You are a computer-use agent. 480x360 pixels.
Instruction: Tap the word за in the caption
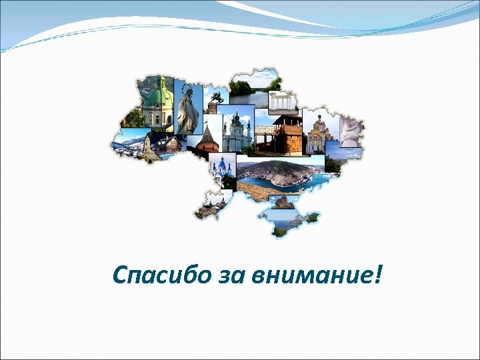(x=220, y=275)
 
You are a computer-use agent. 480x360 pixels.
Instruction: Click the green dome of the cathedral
(x=159, y=97)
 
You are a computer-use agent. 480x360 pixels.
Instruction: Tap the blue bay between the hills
(x=267, y=179)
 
